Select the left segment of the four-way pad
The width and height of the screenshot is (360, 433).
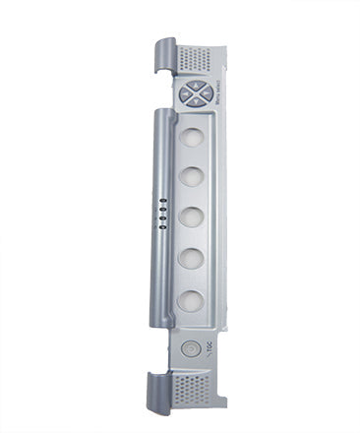[185, 95]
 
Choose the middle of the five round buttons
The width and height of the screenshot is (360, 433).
[193, 216]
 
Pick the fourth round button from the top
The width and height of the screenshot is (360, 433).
[193, 258]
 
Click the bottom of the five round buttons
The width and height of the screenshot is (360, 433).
[193, 300]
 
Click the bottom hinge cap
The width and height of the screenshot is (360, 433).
[164, 390]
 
